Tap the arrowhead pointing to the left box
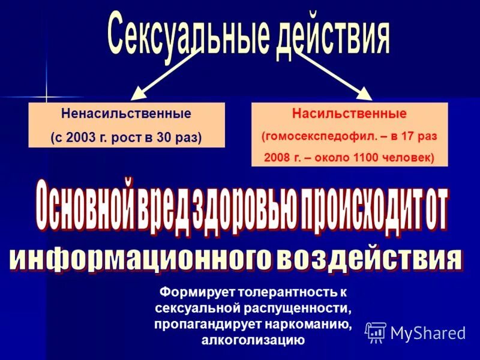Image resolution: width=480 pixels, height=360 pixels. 139,92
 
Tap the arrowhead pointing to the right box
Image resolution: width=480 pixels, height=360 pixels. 364,92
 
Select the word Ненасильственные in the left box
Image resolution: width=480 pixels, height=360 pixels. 126,113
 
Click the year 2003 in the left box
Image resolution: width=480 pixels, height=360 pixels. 78,137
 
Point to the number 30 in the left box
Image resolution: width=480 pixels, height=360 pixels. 163,137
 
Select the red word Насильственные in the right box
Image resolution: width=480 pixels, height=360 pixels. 349,113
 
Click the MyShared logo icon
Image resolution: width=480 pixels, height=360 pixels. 376,332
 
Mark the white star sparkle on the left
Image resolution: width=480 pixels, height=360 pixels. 46,96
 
